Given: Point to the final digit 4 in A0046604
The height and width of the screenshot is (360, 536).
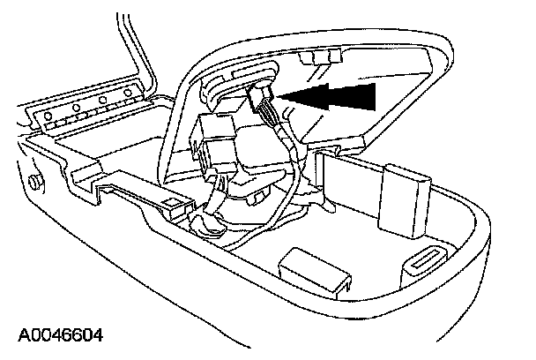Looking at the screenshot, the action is [x=97, y=335].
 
